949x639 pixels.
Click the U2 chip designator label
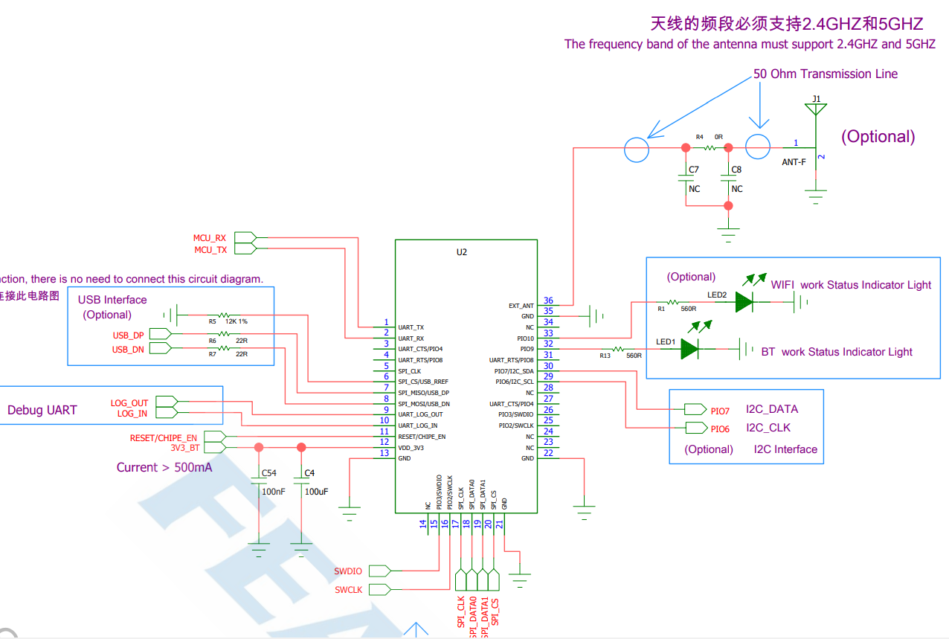click(462, 252)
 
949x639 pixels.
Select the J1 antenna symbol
click(817, 110)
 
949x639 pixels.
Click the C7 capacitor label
click(693, 170)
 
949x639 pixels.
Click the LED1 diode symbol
click(689, 348)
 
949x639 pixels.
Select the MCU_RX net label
click(210, 238)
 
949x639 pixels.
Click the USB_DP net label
click(128, 335)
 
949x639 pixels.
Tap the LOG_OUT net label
click(129, 403)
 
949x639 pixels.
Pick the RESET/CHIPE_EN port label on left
click(164, 438)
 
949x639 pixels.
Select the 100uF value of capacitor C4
click(317, 492)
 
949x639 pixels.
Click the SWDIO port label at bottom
click(348, 571)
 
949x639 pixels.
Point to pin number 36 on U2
click(548, 301)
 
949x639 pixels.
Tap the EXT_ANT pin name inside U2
click(521, 306)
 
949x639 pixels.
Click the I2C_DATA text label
click(772, 409)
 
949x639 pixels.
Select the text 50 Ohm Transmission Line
click(825, 74)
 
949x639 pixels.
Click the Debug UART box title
click(42, 410)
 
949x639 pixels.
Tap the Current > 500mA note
click(164, 467)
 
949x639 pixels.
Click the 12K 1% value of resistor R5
click(237, 321)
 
